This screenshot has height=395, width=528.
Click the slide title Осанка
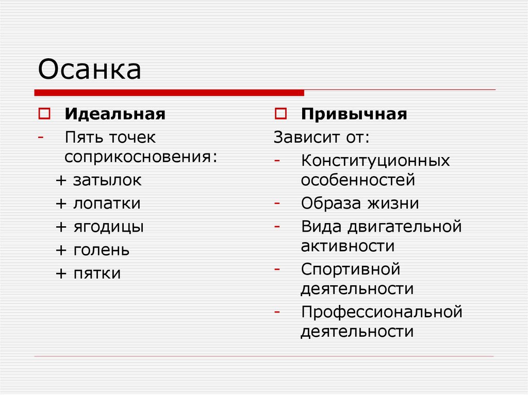click(89, 70)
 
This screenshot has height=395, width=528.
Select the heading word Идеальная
click(115, 114)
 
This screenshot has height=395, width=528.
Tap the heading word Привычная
click(354, 114)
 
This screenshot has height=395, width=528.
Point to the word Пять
click(84, 138)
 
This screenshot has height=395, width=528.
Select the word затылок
click(107, 180)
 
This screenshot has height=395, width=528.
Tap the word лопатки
click(107, 203)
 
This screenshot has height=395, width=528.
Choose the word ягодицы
click(108, 227)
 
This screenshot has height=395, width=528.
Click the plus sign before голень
click(61, 251)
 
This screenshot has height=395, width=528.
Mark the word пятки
click(97, 273)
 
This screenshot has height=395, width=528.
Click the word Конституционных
click(375, 161)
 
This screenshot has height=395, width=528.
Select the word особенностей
click(358, 180)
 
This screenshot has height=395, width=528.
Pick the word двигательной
click(405, 227)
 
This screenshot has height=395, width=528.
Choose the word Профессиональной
click(382, 312)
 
